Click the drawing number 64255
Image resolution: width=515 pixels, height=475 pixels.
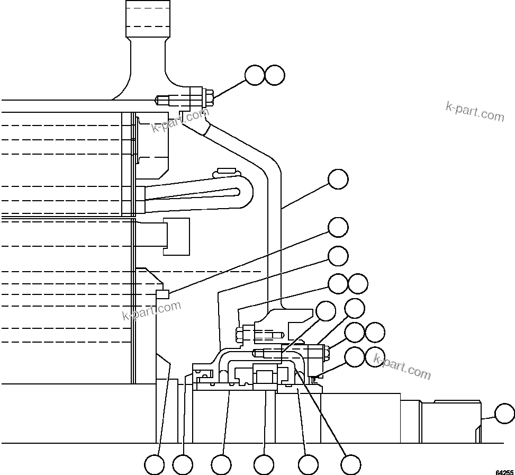[x=504, y=471]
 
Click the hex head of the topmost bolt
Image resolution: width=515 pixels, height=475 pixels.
[x=209, y=98]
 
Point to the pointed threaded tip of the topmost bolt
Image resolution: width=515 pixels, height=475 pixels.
[x=157, y=99]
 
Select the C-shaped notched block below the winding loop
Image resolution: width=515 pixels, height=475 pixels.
[x=176, y=236]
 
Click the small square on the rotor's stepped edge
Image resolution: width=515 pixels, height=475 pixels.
[x=162, y=294]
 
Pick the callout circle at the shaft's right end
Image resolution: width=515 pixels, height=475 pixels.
[x=504, y=414]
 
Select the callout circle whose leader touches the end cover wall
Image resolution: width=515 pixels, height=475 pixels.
[x=338, y=180]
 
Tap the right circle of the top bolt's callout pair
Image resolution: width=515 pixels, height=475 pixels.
[x=275, y=75]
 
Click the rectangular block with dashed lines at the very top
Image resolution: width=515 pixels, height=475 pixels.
[x=148, y=19]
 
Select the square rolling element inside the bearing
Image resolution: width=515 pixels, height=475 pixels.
[x=264, y=377]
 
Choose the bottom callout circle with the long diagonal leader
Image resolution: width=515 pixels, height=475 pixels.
[x=350, y=465]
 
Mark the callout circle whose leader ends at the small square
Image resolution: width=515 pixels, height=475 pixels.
[x=338, y=227]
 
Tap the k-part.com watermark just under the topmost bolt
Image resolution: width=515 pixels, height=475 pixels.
[x=180, y=120]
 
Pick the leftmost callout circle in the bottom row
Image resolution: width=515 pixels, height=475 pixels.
[x=155, y=465]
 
